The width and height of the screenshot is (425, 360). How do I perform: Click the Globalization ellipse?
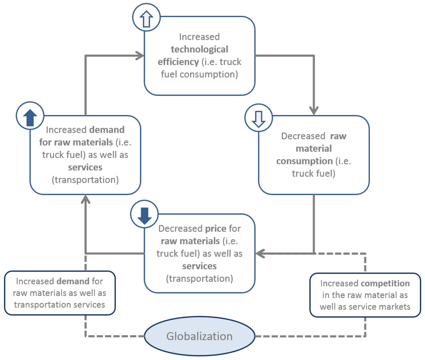(199, 336)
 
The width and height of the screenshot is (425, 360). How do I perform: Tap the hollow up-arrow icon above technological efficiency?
(146, 19)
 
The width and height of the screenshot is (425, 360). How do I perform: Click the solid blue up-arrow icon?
(29, 117)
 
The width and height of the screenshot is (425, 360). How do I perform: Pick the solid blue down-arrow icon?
(144, 216)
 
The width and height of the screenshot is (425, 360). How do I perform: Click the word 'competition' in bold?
(385, 284)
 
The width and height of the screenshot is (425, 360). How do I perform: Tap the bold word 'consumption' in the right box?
(304, 161)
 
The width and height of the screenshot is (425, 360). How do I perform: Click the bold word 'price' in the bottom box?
(215, 229)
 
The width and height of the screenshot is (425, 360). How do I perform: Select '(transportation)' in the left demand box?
(85, 180)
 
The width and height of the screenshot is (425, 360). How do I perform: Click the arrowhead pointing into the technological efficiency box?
(140, 55)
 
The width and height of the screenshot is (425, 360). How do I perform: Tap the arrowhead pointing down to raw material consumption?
(314, 111)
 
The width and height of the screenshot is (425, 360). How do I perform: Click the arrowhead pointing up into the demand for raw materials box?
(85, 199)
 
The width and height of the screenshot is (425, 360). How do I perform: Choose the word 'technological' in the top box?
(199, 49)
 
